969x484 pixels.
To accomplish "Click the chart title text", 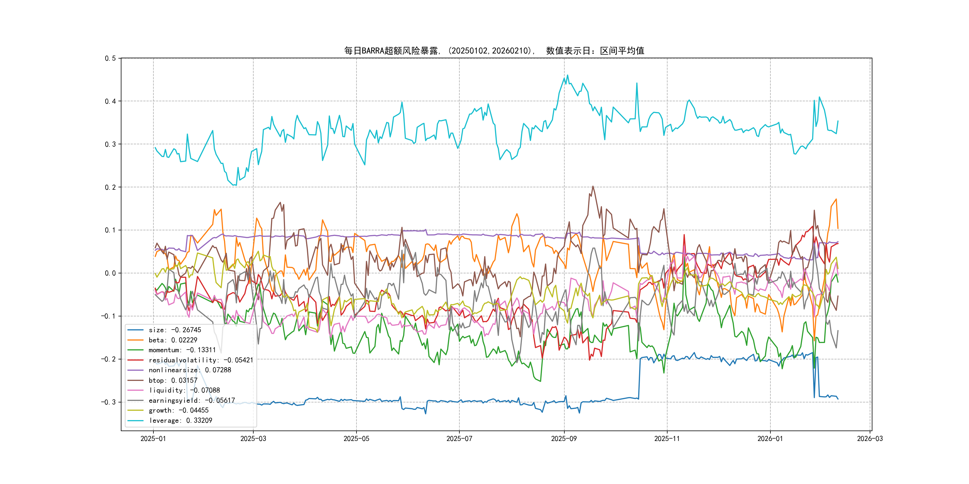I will coord(494,51).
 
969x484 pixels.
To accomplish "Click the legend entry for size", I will coord(175,330).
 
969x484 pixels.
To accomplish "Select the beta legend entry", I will coord(173,340).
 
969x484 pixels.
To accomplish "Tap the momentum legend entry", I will coord(182,350).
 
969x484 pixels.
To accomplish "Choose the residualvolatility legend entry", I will coord(200,360).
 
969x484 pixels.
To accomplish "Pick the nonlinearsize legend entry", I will coord(190,370).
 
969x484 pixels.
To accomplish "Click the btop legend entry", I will coord(173,380).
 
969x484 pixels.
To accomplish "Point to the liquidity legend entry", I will coord(184,390).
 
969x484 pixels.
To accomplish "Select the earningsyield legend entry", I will coord(191,401).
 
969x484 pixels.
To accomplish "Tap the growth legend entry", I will coord(178,410).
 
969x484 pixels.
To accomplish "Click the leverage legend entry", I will coord(180,420).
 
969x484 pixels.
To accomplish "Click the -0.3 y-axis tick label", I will coord(108,402).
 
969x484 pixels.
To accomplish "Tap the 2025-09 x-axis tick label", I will coord(564,439).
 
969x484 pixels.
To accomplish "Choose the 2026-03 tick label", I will coord(870,439).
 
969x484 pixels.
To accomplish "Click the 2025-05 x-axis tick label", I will coord(356,439).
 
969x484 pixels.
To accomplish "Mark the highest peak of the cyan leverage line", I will coord(568,75).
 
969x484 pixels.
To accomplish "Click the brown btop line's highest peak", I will coord(593,186).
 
